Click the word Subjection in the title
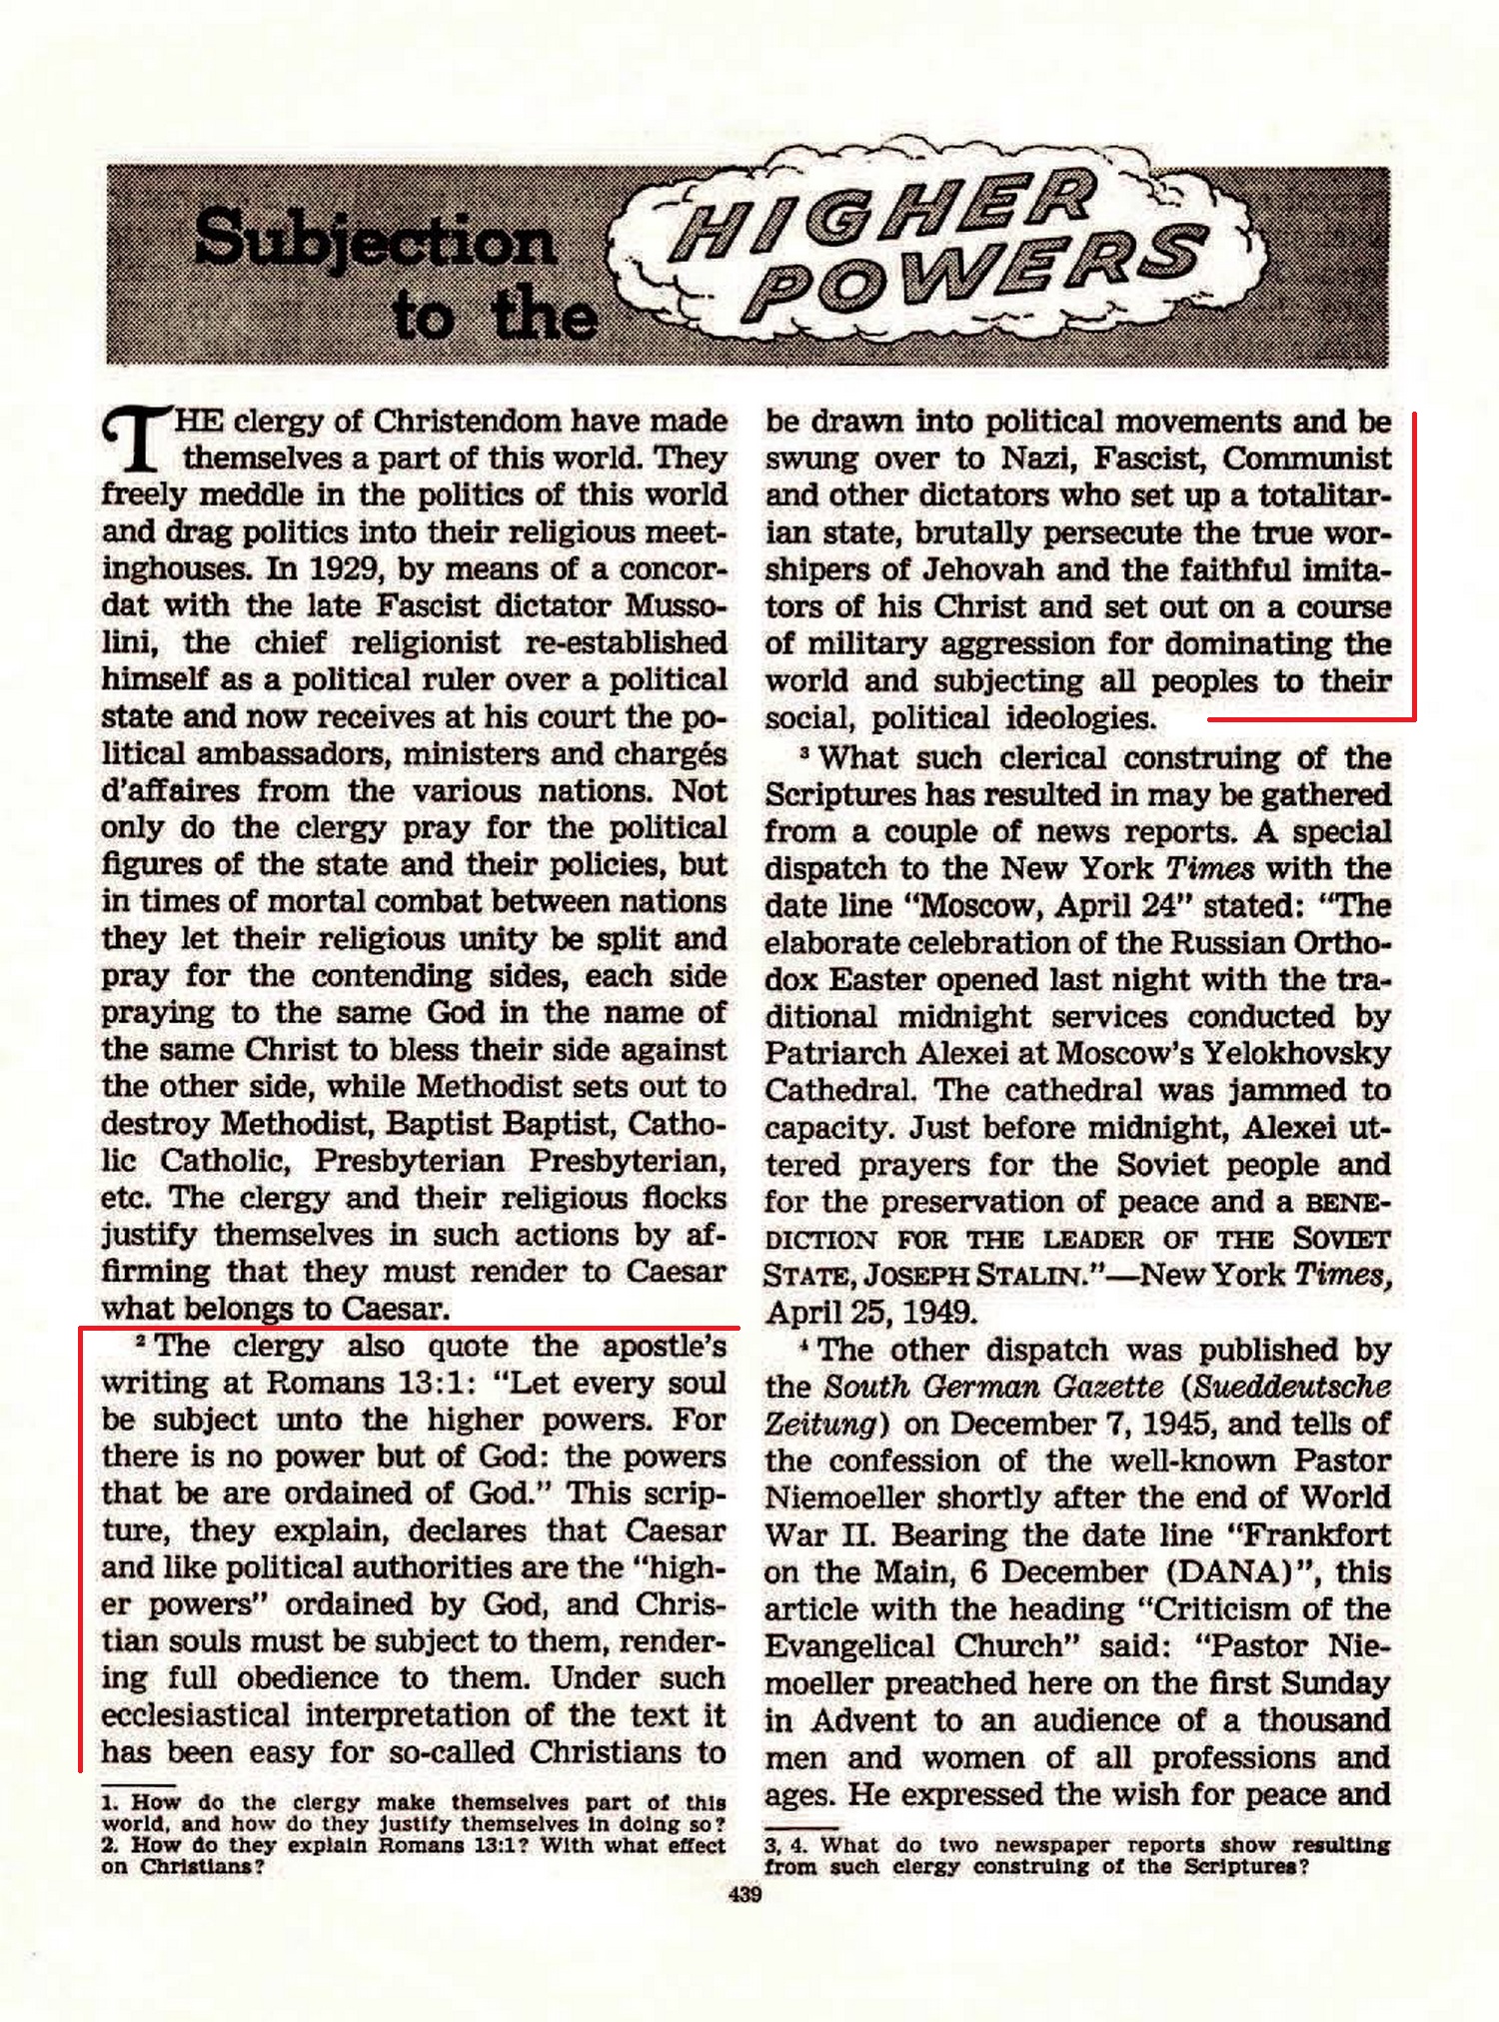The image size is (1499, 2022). pyautogui.click(x=375, y=242)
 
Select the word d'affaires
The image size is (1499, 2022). pyautogui.click(x=169, y=791)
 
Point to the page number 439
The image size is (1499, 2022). pyautogui.click(x=747, y=1894)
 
